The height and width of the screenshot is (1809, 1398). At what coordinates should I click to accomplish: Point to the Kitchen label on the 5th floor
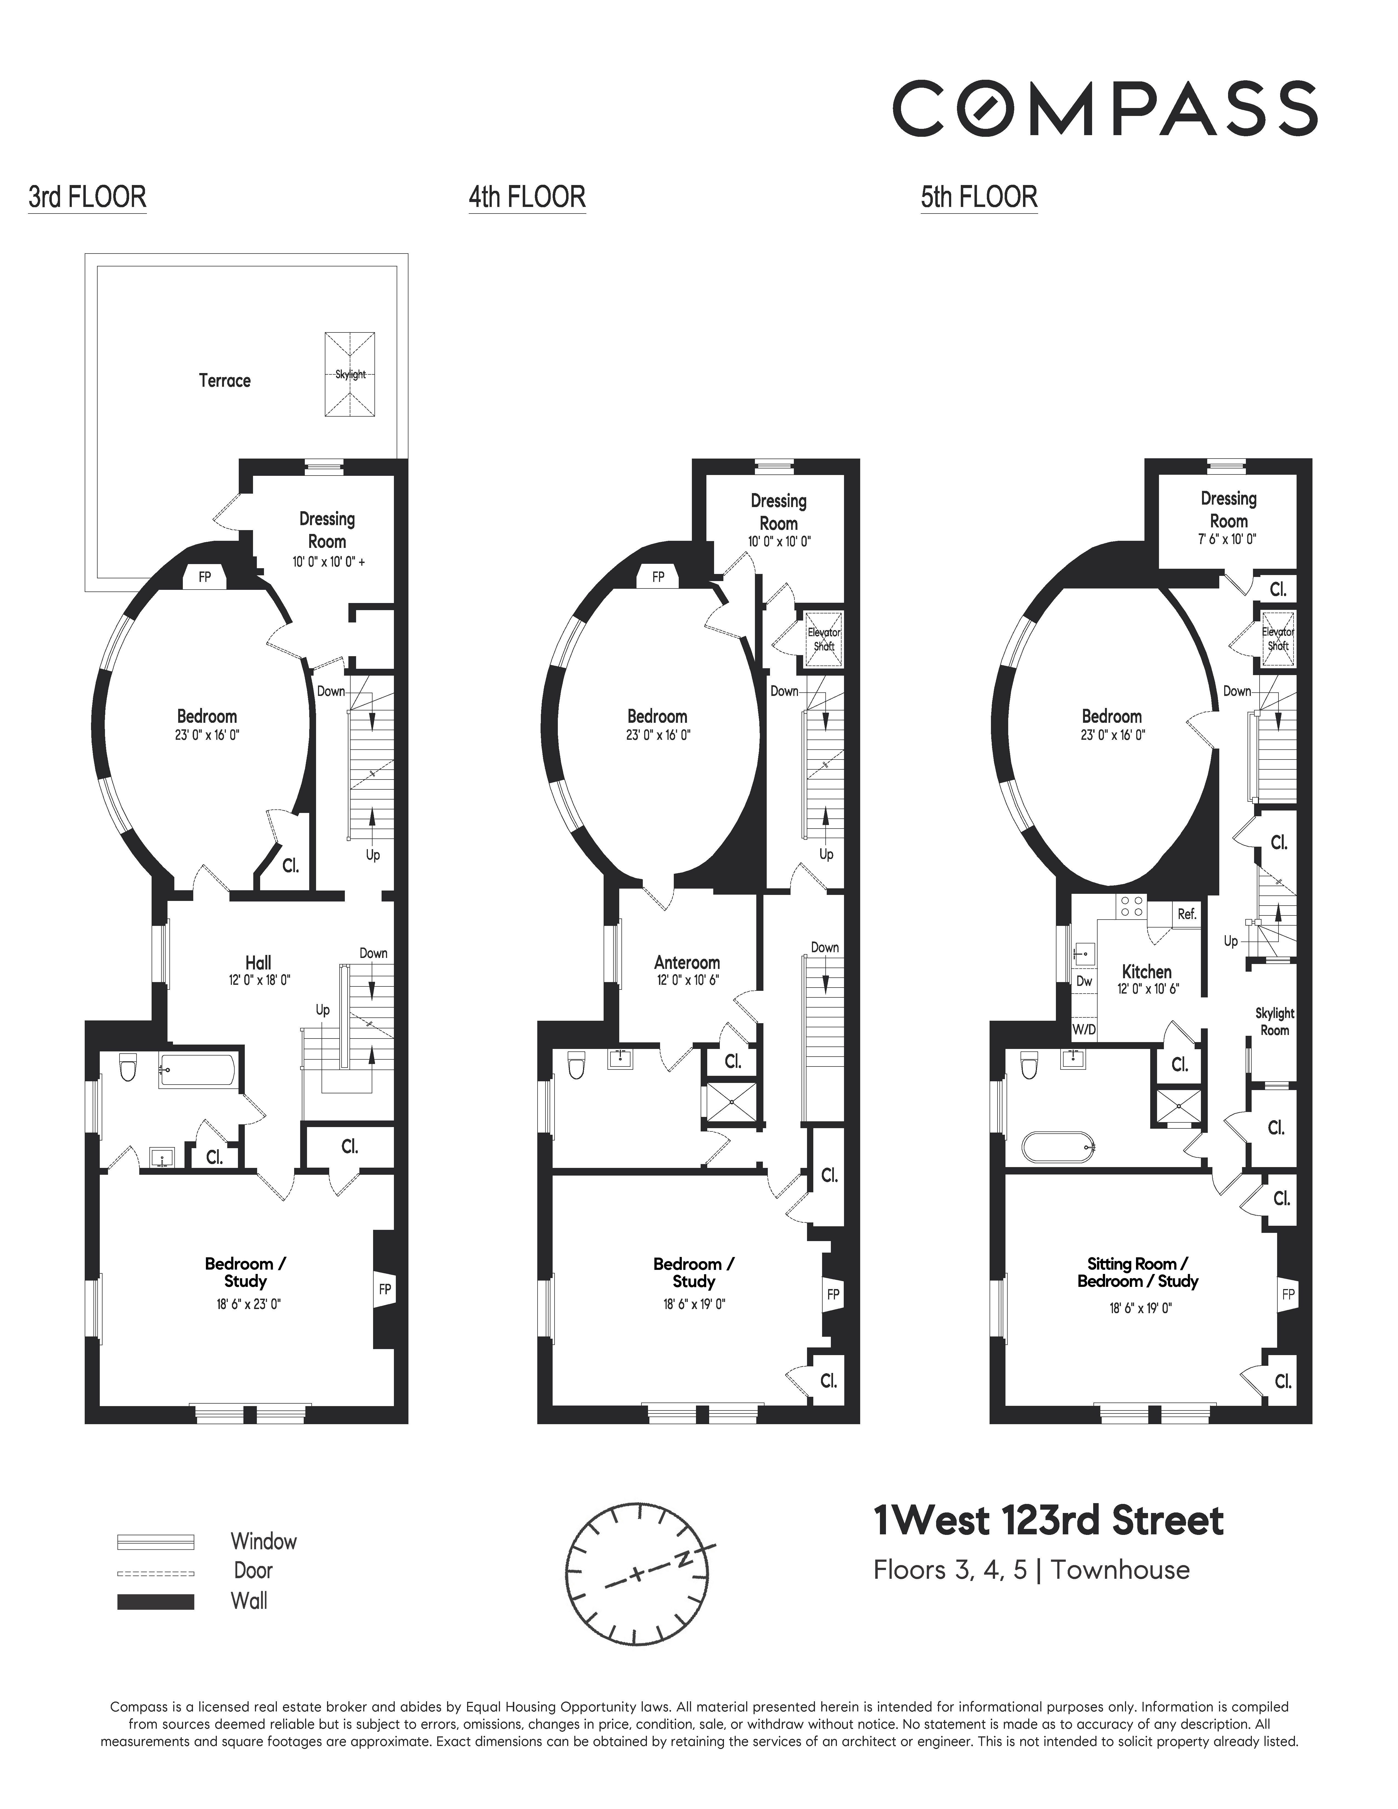pos(1146,972)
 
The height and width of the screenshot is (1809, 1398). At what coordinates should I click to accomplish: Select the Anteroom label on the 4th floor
pos(687,963)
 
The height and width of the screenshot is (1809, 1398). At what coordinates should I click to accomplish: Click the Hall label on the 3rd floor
pos(258,963)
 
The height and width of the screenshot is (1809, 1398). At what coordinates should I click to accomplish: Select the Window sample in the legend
pos(156,1541)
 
